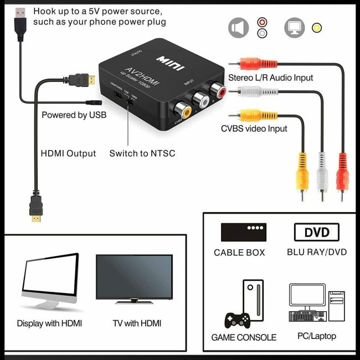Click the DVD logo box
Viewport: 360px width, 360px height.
point(316,232)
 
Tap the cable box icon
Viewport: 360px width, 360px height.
point(243,232)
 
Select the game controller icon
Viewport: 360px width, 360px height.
point(236,320)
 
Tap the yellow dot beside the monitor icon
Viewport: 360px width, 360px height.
point(317,28)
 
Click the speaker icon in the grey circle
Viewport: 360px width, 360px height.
point(238,27)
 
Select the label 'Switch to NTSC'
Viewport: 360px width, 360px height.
point(142,153)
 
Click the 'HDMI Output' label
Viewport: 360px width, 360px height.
point(68,153)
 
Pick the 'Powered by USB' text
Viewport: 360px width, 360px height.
point(74,115)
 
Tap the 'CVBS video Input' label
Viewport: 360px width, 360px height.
point(254,128)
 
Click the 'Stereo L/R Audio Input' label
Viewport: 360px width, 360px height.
point(271,78)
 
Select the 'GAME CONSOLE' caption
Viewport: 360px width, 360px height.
point(244,337)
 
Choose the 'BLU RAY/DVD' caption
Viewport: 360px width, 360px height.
point(317,252)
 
